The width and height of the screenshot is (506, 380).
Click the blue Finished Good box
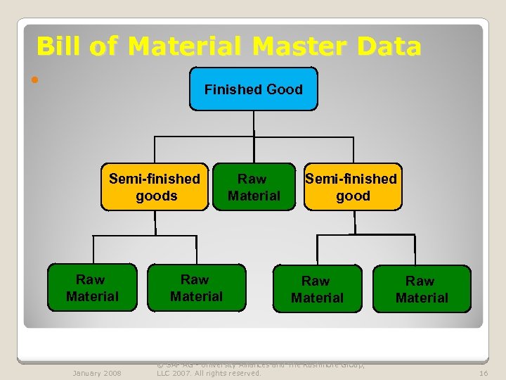[253, 89]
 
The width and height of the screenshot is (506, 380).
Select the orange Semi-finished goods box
[155, 187]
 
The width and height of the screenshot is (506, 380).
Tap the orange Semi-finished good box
[353, 187]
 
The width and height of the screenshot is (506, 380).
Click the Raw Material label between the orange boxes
[254, 187]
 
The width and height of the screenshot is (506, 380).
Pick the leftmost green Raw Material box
[92, 288]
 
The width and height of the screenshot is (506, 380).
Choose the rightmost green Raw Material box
[421, 289]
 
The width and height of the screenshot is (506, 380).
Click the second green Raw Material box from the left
[196, 288]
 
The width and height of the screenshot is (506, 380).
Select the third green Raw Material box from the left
[317, 289]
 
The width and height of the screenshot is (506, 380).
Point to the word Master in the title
[304, 46]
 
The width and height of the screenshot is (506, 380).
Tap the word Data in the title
[389, 46]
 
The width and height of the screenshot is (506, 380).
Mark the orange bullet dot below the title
[33, 78]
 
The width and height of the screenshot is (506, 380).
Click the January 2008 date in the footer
[97, 373]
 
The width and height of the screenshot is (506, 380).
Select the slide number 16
[483, 373]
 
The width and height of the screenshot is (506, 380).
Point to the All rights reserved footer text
[226, 374]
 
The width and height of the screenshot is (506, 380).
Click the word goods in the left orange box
[156, 196]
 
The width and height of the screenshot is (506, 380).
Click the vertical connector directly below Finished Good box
[254, 123]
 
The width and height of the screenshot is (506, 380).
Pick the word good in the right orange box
[353, 196]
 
